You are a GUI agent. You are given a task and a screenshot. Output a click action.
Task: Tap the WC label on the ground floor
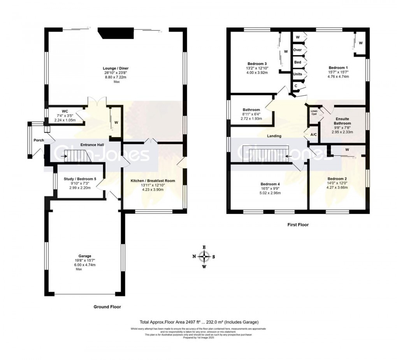click(x=65, y=111)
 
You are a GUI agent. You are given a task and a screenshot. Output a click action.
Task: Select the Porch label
click(x=39, y=140)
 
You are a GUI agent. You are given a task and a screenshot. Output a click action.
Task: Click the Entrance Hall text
click(x=92, y=145)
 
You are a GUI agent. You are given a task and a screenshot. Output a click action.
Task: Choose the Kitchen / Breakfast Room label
click(x=153, y=181)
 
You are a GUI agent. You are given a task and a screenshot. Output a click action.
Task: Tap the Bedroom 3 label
click(x=257, y=64)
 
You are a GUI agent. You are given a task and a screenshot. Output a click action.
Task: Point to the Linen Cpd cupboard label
click(x=314, y=113)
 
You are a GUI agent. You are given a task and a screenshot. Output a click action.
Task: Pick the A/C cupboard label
click(x=313, y=135)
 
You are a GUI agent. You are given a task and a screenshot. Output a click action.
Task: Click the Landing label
click(x=274, y=136)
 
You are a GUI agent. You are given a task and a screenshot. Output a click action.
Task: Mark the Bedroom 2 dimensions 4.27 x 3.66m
click(x=337, y=187)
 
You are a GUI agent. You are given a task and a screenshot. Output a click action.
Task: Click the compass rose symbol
click(x=204, y=256)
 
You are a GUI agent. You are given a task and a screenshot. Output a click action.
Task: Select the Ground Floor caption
click(x=107, y=307)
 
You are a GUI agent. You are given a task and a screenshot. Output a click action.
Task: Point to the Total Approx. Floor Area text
click(x=199, y=322)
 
